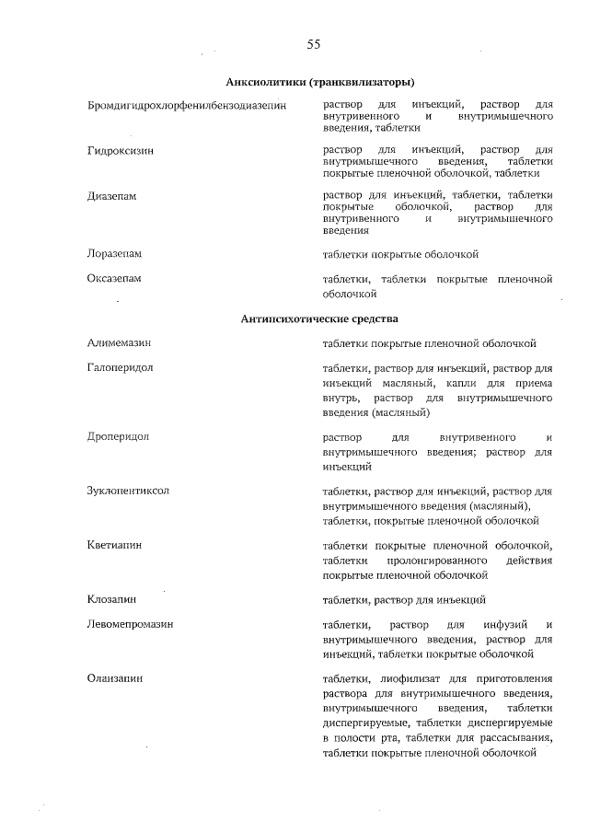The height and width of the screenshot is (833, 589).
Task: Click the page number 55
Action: coord(314,43)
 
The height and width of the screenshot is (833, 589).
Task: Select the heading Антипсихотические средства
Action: coord(319,318)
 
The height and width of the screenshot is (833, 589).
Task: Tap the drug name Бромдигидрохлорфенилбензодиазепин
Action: coord(187,106)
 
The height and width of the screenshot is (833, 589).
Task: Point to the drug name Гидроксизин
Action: coord(121,149)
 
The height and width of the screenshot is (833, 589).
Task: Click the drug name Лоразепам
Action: coord(116,253)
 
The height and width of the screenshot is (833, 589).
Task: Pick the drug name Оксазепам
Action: coord(115,278)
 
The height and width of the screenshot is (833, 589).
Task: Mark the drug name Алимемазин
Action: coord(120,343)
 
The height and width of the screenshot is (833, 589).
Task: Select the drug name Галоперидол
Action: coord(121,367)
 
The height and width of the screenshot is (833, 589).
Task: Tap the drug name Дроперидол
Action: coord(119,435)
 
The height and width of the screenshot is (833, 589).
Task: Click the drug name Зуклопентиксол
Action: coord(129,491)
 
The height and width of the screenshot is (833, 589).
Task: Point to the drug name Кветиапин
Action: coord(114,545)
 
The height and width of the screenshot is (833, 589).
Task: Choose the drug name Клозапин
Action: coord(112,600)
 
